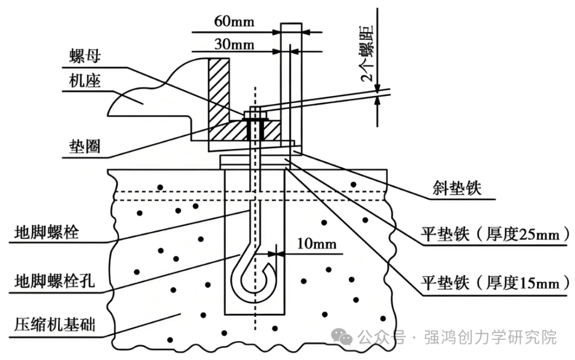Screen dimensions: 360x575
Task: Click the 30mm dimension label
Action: (x=234, y=44)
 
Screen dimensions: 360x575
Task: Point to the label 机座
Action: (x=85, y=81)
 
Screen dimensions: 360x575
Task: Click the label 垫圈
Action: (x=85, y=146)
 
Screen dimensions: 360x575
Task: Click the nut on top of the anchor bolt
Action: (x=256, y=114)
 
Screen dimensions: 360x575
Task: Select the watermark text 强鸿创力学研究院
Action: (x=490, y=337)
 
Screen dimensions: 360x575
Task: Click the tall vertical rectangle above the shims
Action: (x=291, y=80)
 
